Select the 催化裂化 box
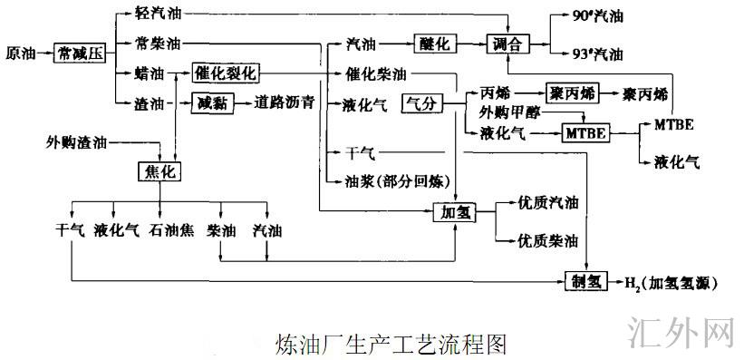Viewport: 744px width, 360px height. [x=226, y=71]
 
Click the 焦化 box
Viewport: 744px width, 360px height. [x=159, y=170]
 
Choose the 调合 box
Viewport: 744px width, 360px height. [x=508, y=44]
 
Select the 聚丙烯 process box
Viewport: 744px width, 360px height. [x=569, y=92]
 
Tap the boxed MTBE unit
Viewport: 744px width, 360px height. [x=585, y=133]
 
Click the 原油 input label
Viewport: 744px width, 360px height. [x=20, y=54]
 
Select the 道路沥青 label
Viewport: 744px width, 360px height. [x=285, y=102]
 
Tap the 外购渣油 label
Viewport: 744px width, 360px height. [x=75, y=141]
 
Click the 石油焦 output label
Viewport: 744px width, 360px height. [x=172, y=230]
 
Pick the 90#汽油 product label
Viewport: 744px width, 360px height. [x=598, y=16]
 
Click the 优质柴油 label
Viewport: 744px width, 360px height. [x=547, y=242]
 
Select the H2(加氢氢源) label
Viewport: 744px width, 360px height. [x=671, y=283]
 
